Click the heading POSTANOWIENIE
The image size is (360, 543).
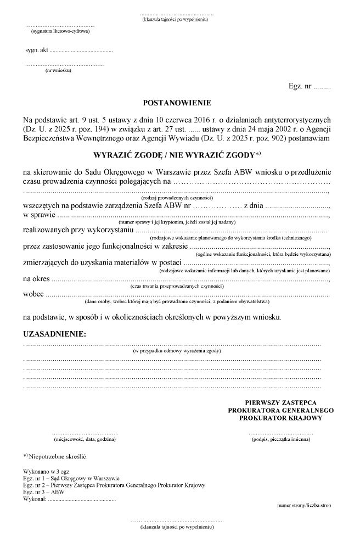176,103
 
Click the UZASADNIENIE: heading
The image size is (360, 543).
54,334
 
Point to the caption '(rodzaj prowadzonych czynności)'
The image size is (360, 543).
177,198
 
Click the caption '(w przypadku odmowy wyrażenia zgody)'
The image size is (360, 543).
177,349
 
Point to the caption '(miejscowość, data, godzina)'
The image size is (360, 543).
85,440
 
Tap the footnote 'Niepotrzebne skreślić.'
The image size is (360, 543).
58,456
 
